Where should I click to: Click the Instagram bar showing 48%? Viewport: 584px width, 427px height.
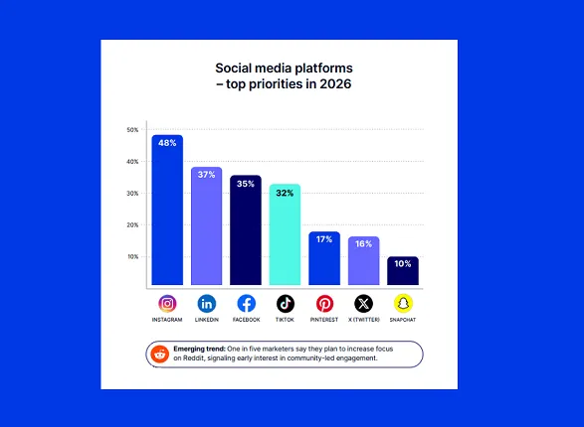click(167, 211)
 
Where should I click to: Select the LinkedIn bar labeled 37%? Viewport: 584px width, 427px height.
click(206, 226)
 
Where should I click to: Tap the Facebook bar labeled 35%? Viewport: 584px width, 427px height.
click(245, 230)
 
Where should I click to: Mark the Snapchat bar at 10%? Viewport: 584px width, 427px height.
click(402, 270)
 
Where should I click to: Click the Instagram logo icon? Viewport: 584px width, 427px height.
click(167, 304)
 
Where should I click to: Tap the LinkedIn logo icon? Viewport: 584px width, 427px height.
click(206, 304)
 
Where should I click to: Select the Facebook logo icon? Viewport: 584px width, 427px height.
click(246, 304)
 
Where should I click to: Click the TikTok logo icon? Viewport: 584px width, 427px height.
click(285, 304)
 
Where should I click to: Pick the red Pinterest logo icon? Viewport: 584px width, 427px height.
click(324, 304)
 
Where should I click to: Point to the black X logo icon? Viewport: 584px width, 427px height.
click(363, 304)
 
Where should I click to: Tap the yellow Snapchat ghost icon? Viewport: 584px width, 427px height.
click(403, 304)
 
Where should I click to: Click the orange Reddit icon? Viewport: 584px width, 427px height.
click(160, 354)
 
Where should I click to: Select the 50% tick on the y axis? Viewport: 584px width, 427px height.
click(132, 130)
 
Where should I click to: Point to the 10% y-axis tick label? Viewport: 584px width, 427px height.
click(132, 257)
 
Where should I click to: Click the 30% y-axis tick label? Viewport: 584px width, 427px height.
click(132, 194)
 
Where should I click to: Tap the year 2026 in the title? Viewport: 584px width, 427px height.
click(332, 84)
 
